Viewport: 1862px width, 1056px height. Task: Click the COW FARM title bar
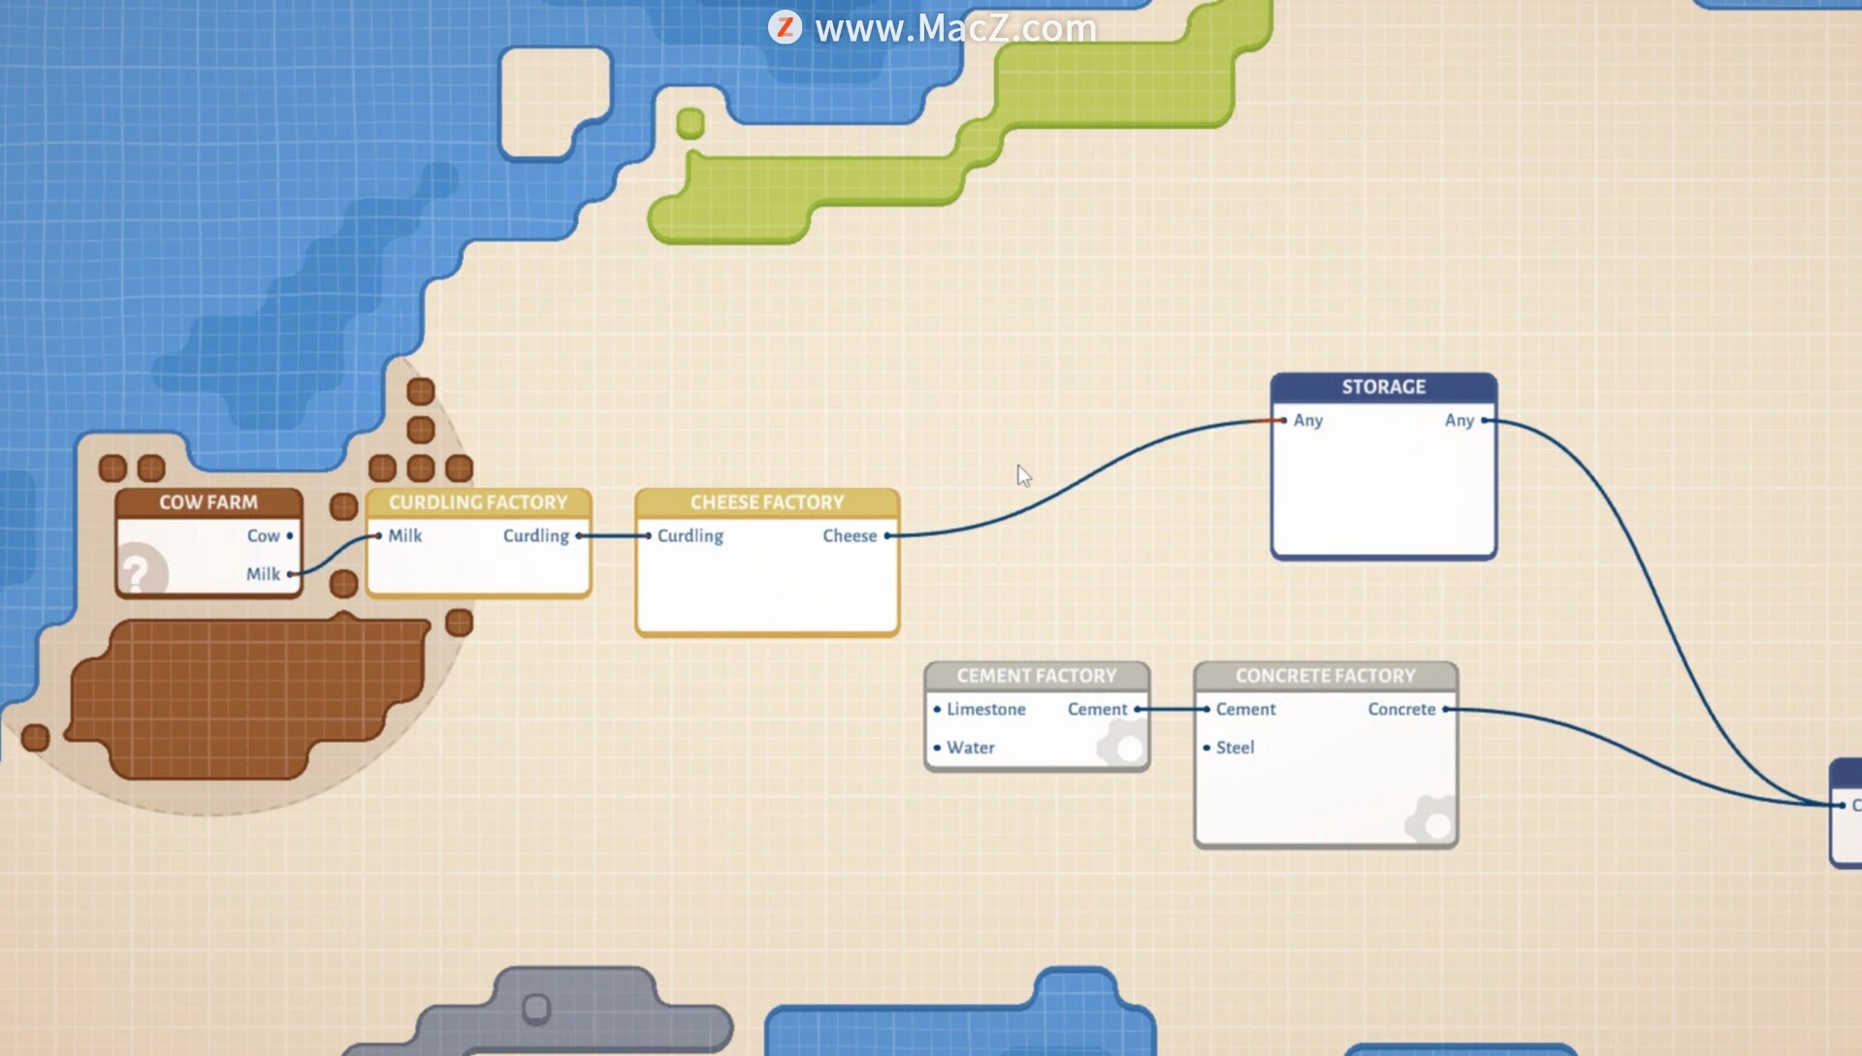(209, 502)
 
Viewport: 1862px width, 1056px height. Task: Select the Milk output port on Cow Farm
(290, 574)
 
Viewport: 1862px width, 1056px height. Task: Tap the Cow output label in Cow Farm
(263, 535)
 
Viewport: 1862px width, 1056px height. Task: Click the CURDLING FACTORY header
(478, 502)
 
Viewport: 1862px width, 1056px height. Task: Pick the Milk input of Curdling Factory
(379, 535)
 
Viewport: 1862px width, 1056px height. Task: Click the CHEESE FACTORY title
(767, 502)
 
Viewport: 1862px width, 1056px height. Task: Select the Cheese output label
(850, 535)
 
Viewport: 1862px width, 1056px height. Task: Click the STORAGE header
(1384, 387)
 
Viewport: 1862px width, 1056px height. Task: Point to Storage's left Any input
(1284, 420)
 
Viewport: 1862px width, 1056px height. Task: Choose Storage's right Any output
(1484, 420)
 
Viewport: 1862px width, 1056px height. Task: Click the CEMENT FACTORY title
(1037, 675)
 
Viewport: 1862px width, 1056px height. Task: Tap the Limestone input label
(985, 709)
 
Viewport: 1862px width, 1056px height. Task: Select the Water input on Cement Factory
(970, 748)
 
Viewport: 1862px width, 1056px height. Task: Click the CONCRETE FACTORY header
(1326, 675)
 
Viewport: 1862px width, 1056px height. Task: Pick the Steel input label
(1235, 748)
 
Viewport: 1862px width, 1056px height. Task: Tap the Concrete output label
(1401, 709)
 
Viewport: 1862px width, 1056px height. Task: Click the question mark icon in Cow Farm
(138, 572)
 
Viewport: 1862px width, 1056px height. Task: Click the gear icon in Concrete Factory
(1431, 822)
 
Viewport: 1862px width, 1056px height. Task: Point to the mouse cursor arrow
(1023, 474)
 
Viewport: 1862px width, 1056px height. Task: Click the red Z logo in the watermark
(785, 27)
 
